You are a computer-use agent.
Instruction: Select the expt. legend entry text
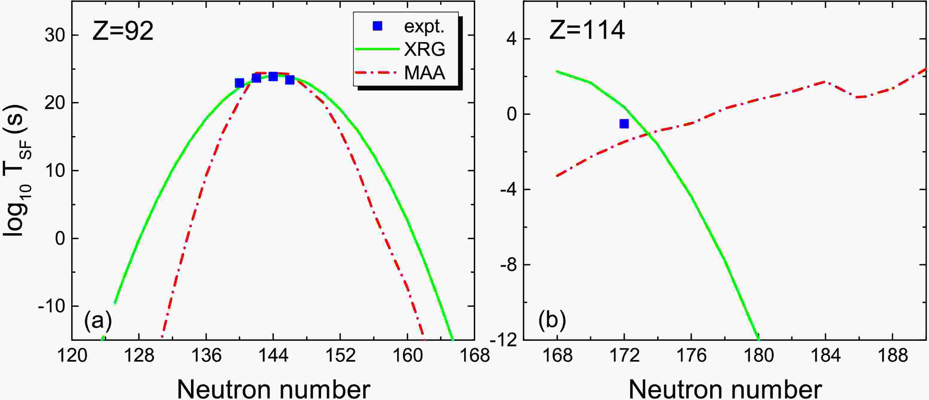[424, 26]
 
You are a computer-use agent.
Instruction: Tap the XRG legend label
[424, 49]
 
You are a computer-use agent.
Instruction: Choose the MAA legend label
[424, 73]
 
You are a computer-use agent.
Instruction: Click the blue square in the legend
[377, 26]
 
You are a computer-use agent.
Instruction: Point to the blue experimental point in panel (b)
[624, 123]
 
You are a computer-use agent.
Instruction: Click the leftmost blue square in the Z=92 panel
[239, 83]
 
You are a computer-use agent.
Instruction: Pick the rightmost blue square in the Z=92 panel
[290, 80]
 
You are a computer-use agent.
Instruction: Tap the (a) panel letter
[98, 320]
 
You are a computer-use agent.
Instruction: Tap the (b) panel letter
[552, 320]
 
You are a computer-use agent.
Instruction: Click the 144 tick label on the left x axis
[273, 356]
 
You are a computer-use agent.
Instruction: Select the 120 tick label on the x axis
[72, 356]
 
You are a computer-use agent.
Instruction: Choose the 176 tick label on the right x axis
[691, 356]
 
